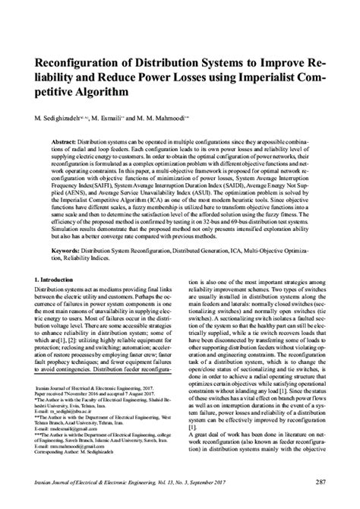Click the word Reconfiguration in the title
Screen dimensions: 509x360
pos(85,59)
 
